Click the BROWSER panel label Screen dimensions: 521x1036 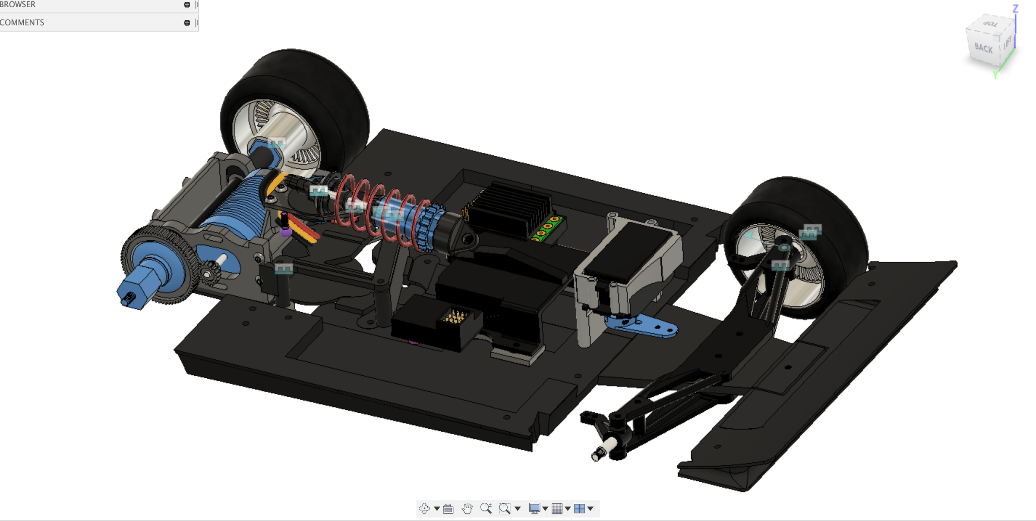[18, 4]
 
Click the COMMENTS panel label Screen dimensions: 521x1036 [22, 22]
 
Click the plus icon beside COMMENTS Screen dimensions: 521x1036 [187, 22]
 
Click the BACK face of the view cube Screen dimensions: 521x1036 [983, 48]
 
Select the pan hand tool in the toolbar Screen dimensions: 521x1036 [467, 508]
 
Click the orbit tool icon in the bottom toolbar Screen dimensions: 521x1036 [424, 508]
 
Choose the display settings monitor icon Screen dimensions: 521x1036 [534, 508]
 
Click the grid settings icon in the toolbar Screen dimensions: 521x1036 [557, 508]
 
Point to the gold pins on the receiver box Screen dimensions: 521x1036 [456, 317]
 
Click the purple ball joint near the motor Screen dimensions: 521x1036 [285, 232]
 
